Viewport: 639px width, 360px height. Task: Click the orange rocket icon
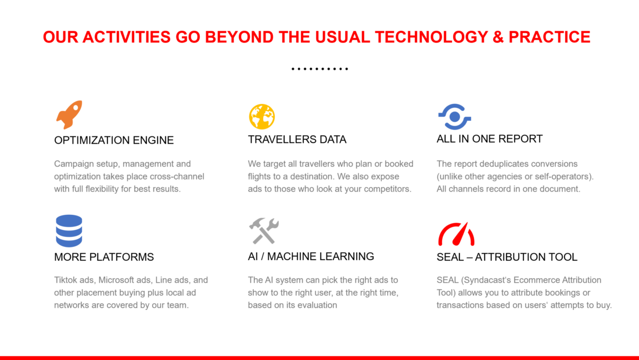[x=69, y=114]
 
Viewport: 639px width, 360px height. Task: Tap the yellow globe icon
[x=262, y=117]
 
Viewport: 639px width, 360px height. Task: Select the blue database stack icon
[x=69, y=231]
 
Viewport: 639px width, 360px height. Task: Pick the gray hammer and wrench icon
[x=264, y=231]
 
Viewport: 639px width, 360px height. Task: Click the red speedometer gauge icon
[x=456, y=234]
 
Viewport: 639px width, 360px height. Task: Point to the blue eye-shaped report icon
[x=455, y=117]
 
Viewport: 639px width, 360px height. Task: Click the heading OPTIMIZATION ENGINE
[x=114, y=140]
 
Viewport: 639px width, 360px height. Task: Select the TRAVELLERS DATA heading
[x=297, y=140]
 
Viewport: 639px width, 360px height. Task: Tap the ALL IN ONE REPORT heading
[x=490, y=139]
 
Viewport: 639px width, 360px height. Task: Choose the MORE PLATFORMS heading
[x=104, y=257]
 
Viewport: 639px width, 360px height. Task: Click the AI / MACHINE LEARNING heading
[x=311, y=257]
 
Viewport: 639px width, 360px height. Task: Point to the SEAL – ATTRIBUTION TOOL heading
[x=507, y=257]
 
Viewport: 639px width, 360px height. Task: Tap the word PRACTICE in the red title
[x=550, y=37]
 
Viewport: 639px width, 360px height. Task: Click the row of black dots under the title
[x=320, y=69]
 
